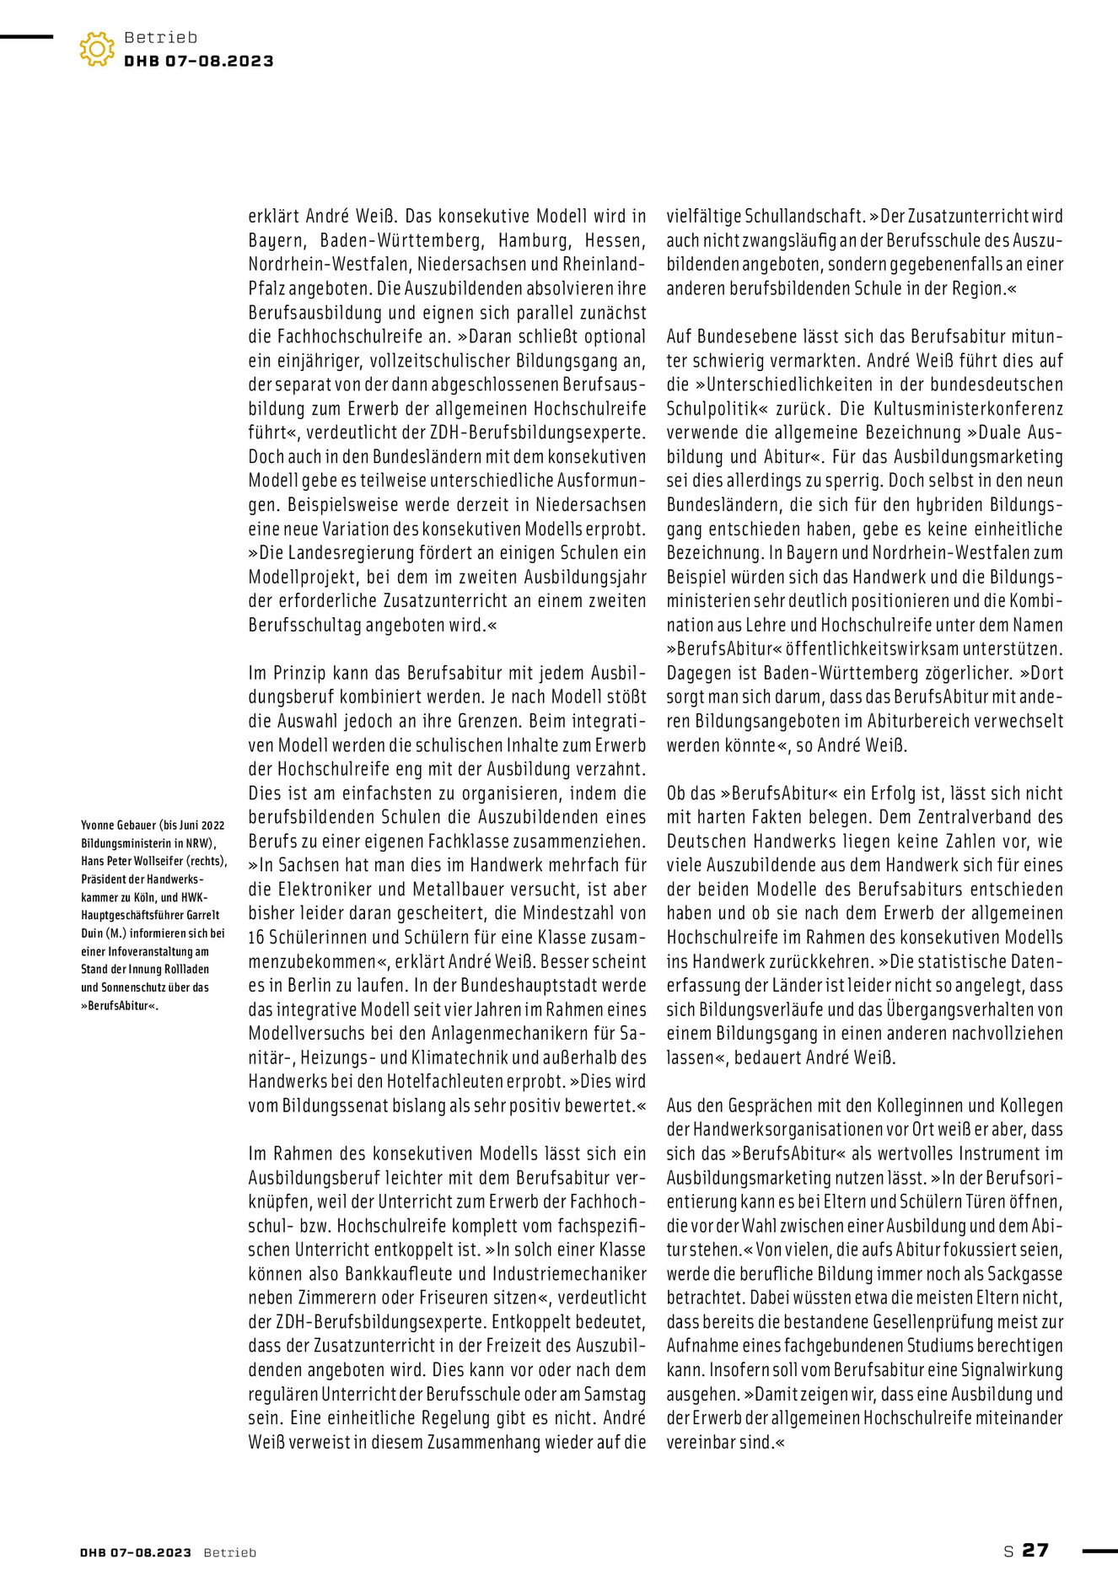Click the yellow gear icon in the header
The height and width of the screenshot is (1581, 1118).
(x=97, y=49)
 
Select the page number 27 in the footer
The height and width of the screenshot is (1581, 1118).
(x=1035, y=1550)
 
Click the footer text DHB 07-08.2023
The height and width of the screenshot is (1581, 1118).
(x=136, y=1552)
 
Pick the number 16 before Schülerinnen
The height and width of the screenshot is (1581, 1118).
(x=257, y=937)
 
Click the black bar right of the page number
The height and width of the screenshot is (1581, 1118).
(x=1099, y=1550)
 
